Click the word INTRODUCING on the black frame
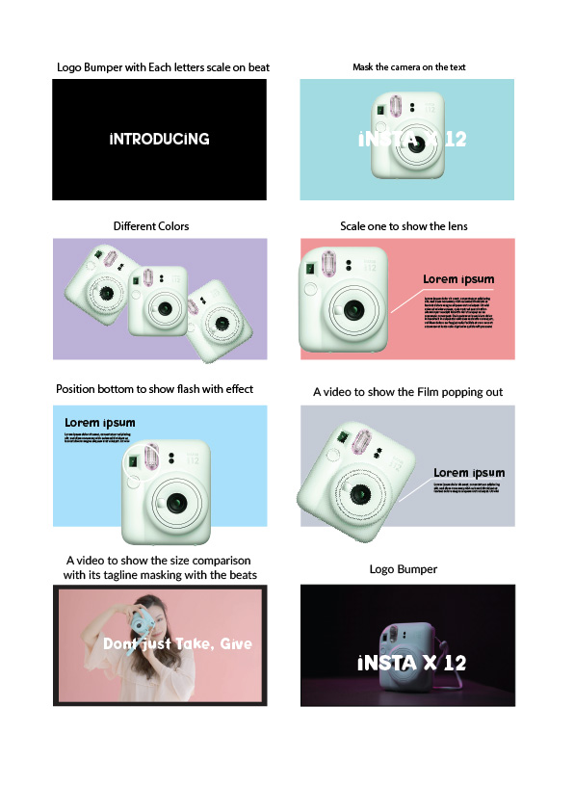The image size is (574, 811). (159, 139)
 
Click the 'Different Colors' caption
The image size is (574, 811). (151, 226)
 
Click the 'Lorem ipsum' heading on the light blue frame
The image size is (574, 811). (100, 422)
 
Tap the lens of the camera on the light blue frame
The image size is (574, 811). (176, 503)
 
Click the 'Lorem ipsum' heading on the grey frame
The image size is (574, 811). (469, 473)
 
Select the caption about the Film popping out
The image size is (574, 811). (407, 392)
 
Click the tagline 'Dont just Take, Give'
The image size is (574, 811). (176, 643)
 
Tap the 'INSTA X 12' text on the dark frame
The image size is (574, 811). (411, 663)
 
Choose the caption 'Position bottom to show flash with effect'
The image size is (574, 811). (154, 389)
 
